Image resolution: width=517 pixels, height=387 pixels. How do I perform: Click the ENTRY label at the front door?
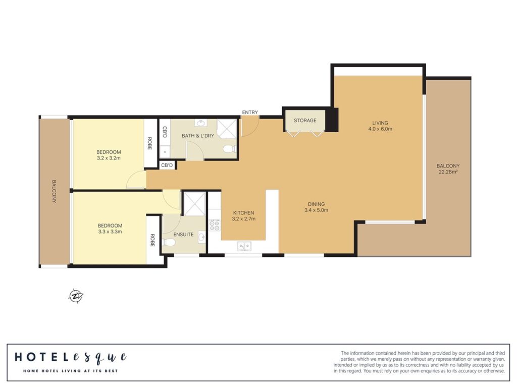click(250, 113)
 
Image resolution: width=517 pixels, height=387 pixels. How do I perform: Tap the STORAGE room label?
click(305, 120)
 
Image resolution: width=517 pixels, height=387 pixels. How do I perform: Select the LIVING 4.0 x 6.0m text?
click(380, 126)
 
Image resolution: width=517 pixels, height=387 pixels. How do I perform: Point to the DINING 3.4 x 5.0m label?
click(316, 207)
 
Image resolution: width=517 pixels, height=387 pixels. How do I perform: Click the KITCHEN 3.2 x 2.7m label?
click(244, 215)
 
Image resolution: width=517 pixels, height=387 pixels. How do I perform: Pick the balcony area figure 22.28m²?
click(448, 172)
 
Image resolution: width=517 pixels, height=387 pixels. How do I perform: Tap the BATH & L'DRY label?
click(198, 136)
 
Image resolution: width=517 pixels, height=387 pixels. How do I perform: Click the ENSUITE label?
click(183, 235)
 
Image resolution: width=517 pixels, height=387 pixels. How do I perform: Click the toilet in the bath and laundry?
click(230, 149)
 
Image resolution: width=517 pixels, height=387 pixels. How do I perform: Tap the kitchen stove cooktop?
click(214, 225)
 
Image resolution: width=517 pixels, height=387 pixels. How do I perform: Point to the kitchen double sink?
click(244, 246)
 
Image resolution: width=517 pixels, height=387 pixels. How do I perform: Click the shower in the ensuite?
click(194, 204)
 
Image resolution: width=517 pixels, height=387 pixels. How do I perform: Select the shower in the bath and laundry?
click(227, 129)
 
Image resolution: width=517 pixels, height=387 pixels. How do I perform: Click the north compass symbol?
click(76, 296)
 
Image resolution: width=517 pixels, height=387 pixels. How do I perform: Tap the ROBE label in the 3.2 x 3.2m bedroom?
click(149, 143)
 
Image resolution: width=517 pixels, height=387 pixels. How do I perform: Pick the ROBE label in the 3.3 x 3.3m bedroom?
click(152, 240)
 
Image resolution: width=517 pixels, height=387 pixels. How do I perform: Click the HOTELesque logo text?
click(71, 357)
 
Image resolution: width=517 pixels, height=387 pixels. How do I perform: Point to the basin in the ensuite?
click(201, 237)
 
